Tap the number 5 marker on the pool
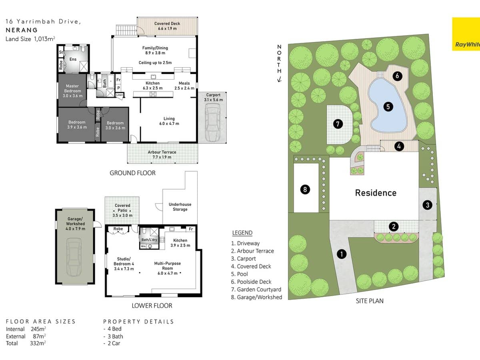[388, 106]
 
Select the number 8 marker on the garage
[305, 189]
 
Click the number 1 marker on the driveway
[341, 254]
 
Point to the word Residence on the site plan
[376, 193]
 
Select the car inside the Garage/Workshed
[75, 256]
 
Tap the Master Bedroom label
[72, 91]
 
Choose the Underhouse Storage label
[180, 207]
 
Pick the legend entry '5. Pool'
[240, 274]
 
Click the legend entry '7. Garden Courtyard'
[256, 290]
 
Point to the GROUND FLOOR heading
[132, 173]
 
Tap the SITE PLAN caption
[369, 301]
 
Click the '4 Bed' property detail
[112, 329]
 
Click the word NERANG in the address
[22, 30]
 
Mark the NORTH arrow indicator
[279, 64]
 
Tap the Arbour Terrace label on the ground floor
[162, 155]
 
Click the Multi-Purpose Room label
[168, 266]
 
